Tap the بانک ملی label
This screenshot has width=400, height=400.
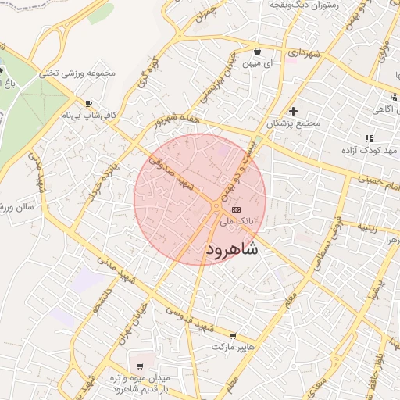pyautogui.click(x=238, y=223)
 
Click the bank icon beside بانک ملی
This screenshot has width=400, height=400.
pyautogui.click(x=236, y=210)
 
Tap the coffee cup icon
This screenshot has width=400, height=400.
pyautogui.click(x=88, y=103)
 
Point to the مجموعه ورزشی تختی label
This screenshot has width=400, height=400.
pyautogui.click(x=81, y=73)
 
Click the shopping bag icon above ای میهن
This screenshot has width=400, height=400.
pyautogui.click(x=257, y=52)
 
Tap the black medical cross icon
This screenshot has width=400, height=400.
pyautogui.click(x=293, y=111)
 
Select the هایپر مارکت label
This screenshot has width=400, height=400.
pyautogui.click(x=234, y=348)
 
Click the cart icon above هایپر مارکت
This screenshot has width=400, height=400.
pyautogui.click(x=232, y=335)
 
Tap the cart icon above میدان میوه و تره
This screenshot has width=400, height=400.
pyautogui.click(x=140, y=365)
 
